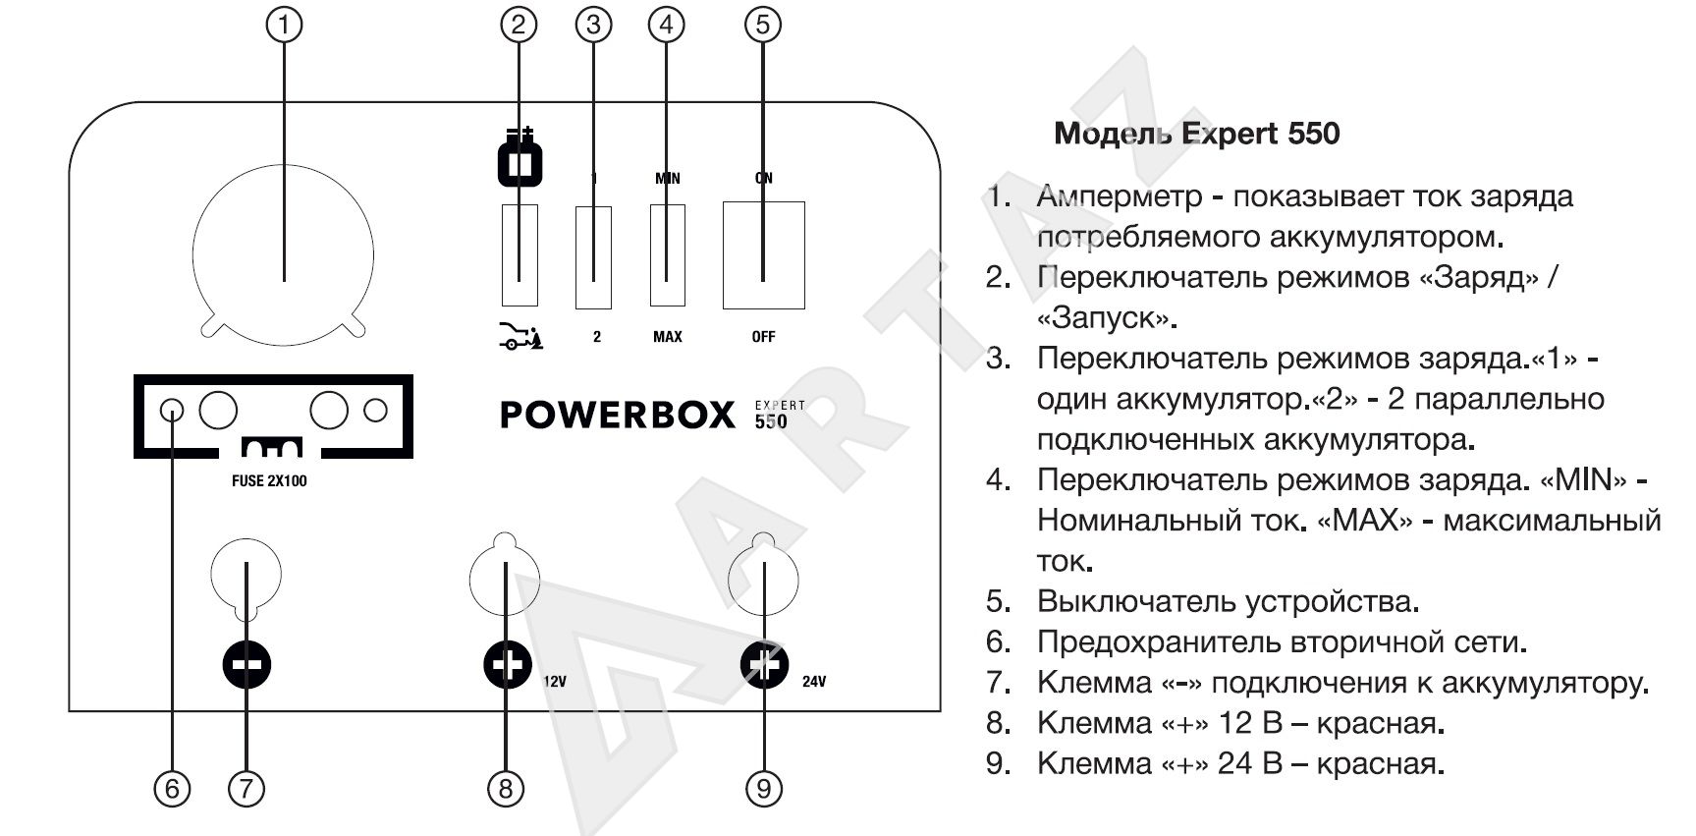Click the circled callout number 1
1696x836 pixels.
[x=285, y=25]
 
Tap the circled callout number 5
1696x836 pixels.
[x=763, y=25]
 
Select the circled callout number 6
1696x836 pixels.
[x=172, y=787]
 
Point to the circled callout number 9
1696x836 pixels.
[x=763, y=787]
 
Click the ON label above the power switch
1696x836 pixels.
[x=763, y=178]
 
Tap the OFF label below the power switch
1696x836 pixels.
[x=763, y=337]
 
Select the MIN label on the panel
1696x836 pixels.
[x=667, y=178]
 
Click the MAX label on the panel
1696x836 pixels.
[x=667, y=337]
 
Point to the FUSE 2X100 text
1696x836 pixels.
[x=268, y=481]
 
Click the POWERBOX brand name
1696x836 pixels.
[x=617, y=415]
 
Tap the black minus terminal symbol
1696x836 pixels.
[x=246, y=665]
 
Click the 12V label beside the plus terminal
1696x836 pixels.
[x=554, y=681]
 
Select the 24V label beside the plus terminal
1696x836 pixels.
[x=813, y=681]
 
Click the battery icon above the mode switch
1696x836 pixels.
[x=520, y=158]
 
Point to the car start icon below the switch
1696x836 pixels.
[x=520, y=337]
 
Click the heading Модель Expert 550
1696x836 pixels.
[x=1196, y=134]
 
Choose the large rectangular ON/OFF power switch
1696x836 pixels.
[x=763, y=255]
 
